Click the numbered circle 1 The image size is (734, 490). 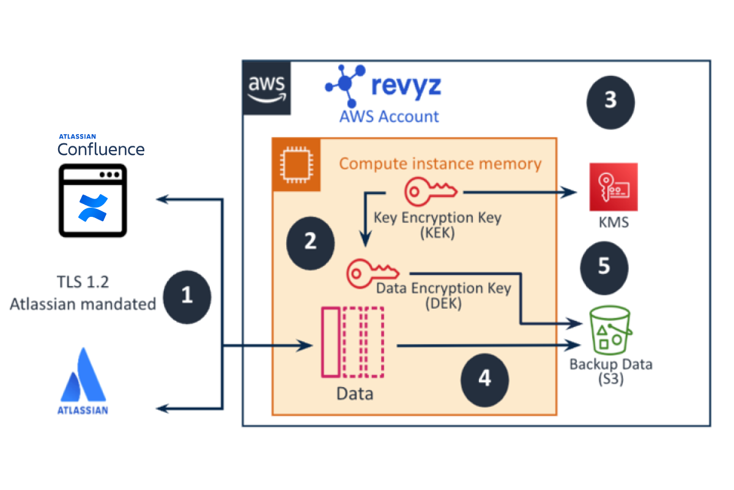[x=187, y=296]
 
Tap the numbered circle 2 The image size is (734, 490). [x=310, y=241]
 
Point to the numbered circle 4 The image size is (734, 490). [x=484, y=379]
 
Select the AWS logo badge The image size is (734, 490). [x=267, y=88]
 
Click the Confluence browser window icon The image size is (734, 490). [x=93, y=200]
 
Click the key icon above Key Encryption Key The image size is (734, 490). [x=431, y=191]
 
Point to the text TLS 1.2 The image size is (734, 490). [x=82, y=282]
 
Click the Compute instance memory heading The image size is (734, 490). [x=440, y=164]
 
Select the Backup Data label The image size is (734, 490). [x=610, y=364]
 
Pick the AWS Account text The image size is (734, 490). [x=390, y=116]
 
